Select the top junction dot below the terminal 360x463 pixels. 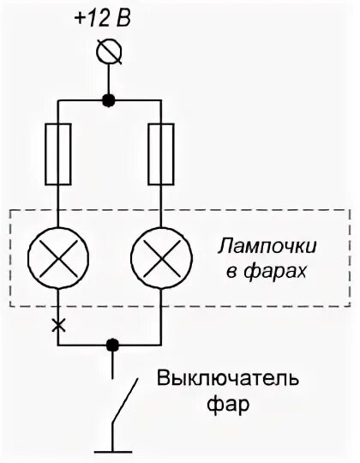click(x=109, y=99)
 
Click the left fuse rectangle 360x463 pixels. click(x=57, y=154)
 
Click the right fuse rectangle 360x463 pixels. click(x=160, y=154)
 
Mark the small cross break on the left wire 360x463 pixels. click(x=57, y=325)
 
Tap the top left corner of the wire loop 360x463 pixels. click(x=57, y=99)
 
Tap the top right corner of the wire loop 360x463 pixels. click(x=160, y=99)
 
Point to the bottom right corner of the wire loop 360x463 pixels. click(x=160, y=345)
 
